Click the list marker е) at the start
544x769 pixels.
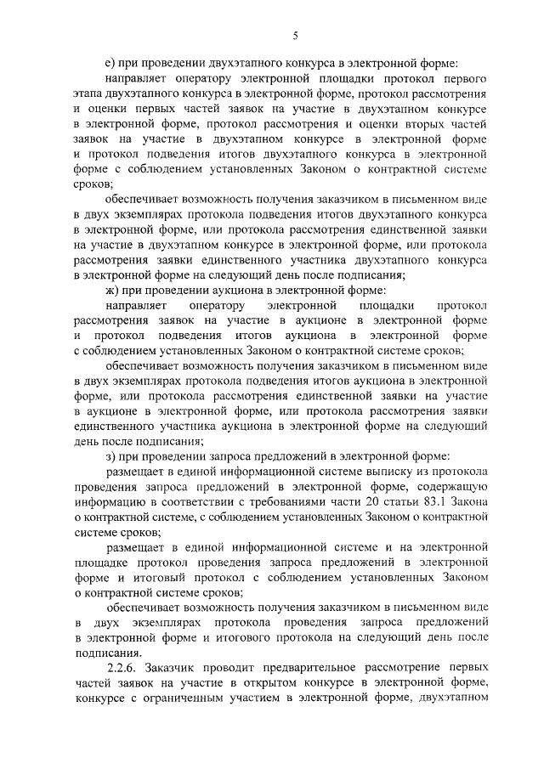(110, 62)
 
